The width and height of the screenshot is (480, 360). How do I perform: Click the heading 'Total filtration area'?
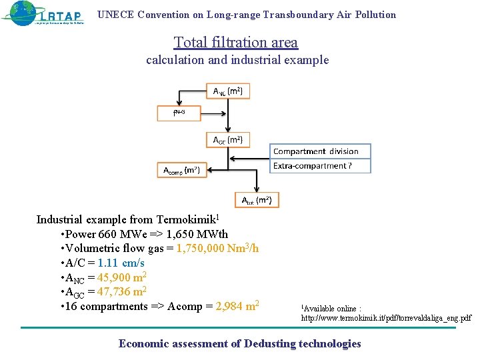point(236,43)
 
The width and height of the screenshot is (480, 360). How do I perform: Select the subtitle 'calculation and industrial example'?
point(237,60)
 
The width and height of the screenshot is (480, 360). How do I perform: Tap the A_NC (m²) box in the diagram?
point(228,91)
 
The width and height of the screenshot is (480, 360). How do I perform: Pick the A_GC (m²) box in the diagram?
point(228,139)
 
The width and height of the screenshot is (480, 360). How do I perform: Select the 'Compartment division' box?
point(320,151)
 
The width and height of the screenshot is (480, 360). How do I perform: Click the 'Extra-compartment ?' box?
point(320,166)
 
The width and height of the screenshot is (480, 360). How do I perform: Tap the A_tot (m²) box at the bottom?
point(257,200)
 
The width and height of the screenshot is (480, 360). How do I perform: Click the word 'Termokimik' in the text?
point(187,219)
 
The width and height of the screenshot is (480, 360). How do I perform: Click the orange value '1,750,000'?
point(205,249)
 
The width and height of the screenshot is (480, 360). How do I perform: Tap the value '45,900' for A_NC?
point(114,278)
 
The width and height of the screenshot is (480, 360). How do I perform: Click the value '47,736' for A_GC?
point(114,292)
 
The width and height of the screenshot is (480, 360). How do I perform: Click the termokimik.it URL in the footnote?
point(386,319)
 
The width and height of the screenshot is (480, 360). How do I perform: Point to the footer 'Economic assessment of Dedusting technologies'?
point(239,344)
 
